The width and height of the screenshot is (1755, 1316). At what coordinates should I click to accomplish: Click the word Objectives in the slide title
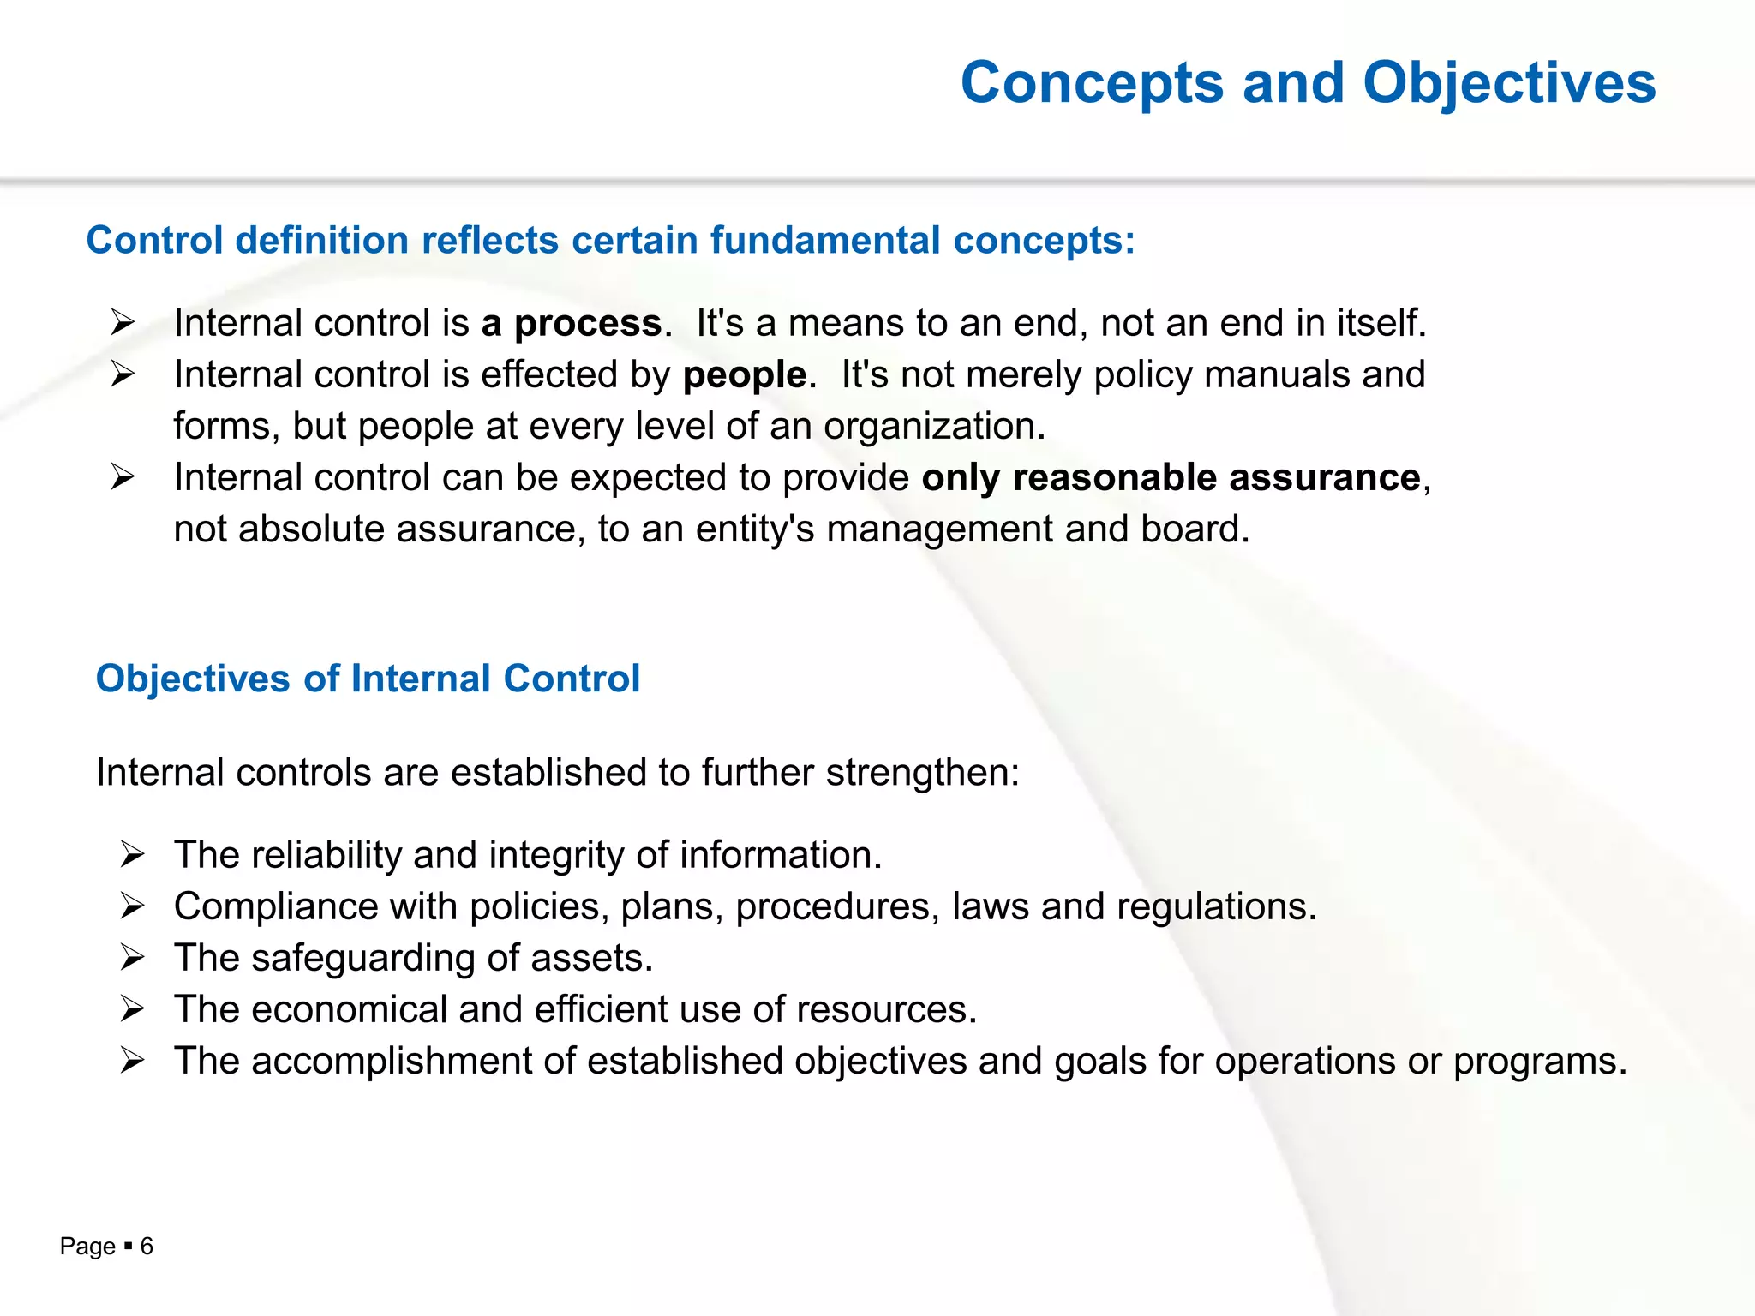tap(1509, 84)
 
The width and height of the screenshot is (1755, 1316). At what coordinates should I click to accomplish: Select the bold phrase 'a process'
tap(571, 324)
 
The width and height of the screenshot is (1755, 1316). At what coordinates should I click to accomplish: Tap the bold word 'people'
tap(744, 375)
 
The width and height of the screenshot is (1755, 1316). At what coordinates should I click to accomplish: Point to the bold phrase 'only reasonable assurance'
tap(1171, 478)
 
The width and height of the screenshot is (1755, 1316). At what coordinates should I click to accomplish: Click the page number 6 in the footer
tap(147, 1247)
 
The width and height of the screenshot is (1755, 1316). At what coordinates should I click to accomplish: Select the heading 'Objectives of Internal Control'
tap(368, 679)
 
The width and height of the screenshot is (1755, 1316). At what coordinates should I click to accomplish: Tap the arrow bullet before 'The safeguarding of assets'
tap(132, 957)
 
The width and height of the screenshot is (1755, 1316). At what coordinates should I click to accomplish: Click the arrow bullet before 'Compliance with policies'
tap(132, 906)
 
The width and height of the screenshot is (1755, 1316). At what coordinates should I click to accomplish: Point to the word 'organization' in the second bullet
tap(931, 427)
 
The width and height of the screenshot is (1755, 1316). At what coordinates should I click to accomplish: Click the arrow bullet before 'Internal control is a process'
tap(123, 323)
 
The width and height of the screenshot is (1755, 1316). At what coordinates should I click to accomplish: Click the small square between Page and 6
tap(128, 1247)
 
